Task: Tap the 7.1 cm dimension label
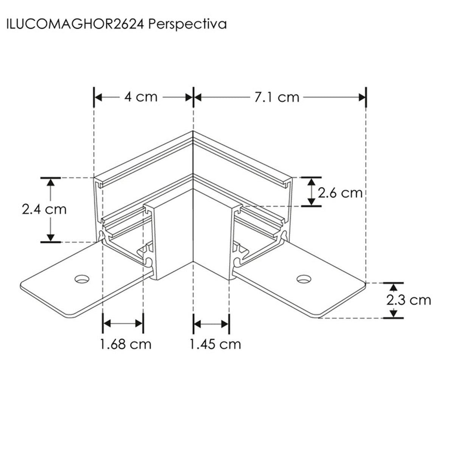tap(276, 98)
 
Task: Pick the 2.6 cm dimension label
tap(340, 193)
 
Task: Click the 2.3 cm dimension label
tap(408, 300)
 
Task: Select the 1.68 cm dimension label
tap(126, 344)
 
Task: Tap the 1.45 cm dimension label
tap(215, 344)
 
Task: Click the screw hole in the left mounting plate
tap(82, 279)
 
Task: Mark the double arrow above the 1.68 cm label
tap(123, 323)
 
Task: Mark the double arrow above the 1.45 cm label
tap(211, 323)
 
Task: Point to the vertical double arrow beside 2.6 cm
tap(311, 192)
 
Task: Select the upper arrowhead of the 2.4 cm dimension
tap(50, 181)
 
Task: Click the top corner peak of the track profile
tap(193, 132)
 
